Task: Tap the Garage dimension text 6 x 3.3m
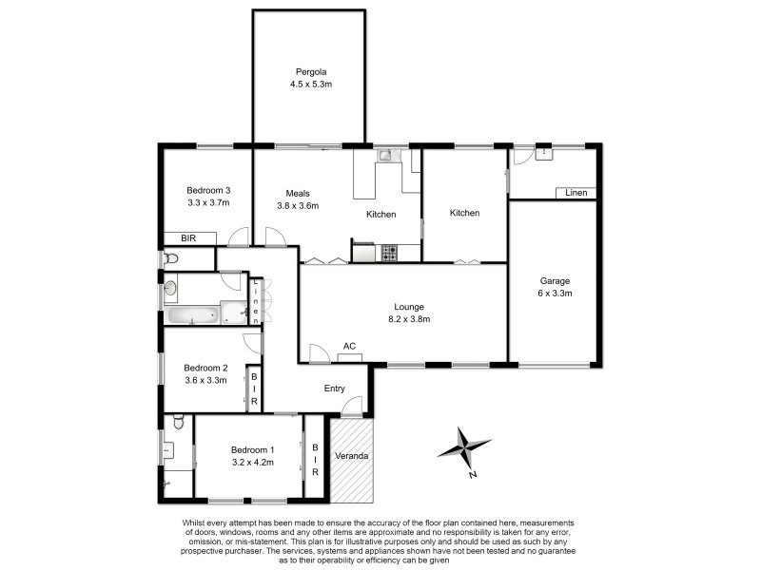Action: pos(555,294)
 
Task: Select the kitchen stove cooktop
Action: pos(389,253)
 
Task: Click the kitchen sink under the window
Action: pos(384,155)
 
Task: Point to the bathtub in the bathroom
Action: pos(192,315)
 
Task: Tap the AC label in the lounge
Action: pos(349,346)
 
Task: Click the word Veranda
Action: pos(351,456)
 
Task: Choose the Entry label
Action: pos(335,388)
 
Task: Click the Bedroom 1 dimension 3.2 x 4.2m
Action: pos(252,463)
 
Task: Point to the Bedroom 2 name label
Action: pos(205,368)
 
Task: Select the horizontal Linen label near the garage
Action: pos(576,194)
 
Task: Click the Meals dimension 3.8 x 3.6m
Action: pos(298,205)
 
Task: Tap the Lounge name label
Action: pos(409,307)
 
